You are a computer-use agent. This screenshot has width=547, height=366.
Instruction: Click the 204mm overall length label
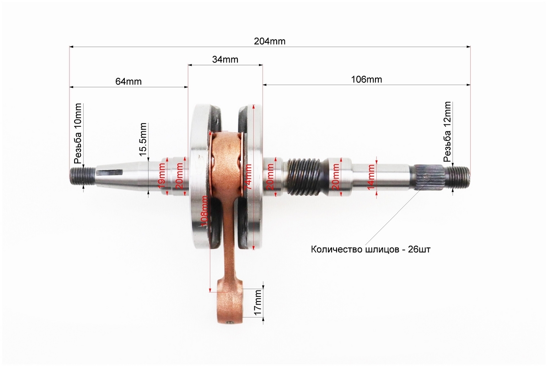(270, 41)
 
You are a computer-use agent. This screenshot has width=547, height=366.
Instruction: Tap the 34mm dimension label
(225, 59)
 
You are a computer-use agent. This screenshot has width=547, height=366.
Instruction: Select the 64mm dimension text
(129, 81)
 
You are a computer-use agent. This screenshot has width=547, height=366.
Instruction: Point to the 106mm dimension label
(366, 80)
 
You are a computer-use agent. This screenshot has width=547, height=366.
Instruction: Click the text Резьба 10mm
(78, 133)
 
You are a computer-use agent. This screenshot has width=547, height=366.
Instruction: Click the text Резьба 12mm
(447, 132)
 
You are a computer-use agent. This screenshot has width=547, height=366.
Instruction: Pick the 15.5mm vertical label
(143, 139)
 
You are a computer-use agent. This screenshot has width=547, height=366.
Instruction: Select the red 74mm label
(248, 177)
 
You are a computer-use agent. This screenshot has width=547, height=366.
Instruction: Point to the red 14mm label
(371, 177)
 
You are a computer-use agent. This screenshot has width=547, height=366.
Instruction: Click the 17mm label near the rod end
(258, 302)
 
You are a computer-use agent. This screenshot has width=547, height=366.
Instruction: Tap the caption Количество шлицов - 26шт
(370, 249)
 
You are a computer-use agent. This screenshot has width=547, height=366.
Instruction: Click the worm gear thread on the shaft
(304, 177)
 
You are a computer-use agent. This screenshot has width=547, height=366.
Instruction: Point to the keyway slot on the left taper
(111, 171)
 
